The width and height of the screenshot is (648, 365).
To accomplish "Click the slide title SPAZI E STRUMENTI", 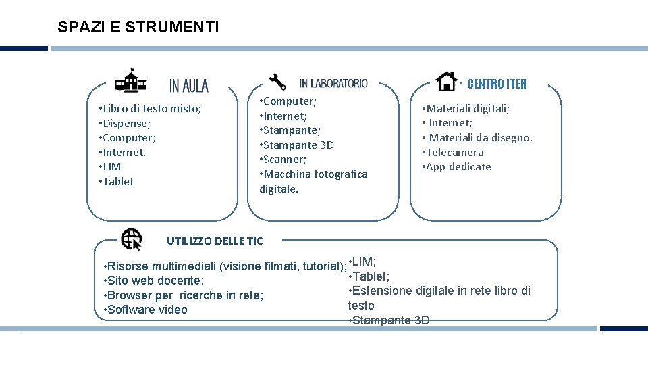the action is [138, 28].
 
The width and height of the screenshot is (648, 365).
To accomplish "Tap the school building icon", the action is [131, 80].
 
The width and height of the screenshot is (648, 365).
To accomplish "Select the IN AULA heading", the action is [189, 86].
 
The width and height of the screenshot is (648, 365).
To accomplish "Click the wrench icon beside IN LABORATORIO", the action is [277, 81].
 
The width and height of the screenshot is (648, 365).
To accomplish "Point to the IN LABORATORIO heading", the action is [333, 83].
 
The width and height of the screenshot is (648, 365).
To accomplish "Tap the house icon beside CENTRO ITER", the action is [446, 81].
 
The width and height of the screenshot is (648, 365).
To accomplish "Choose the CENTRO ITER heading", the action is [497, 84].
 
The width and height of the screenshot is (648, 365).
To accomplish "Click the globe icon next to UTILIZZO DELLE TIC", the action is [132, 239].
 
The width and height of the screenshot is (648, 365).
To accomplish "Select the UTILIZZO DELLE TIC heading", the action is [215, 241].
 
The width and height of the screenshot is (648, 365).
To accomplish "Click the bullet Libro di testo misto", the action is [150, 108].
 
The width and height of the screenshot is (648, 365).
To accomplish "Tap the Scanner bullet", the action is [283, 160].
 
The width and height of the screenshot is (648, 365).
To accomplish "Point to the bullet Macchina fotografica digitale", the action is [313, 181].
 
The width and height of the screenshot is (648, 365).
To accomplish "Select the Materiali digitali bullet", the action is [466, 108].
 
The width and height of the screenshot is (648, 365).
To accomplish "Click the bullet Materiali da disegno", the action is [478, 137].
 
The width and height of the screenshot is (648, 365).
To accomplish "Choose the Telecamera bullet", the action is [453, 152].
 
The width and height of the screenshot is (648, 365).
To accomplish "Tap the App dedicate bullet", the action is [457, 166].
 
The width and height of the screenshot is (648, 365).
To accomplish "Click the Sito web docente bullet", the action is [153, 281].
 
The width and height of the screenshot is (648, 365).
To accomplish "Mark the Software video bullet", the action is [145, 310].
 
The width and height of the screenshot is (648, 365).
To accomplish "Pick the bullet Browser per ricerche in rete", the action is [183, 295].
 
